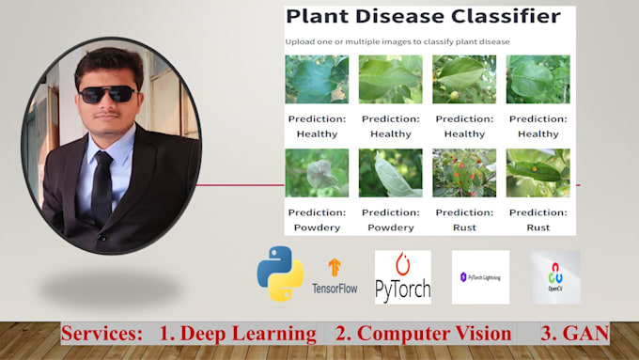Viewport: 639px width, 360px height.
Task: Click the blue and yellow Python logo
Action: [280, 274]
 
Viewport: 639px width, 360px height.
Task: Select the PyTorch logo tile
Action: [402, 276]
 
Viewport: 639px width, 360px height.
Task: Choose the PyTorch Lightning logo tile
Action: [480, 276]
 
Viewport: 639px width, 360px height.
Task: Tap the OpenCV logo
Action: [555, 276]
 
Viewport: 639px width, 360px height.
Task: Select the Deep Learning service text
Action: [237, 334]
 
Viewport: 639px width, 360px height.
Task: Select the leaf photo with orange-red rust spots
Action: [464, 173]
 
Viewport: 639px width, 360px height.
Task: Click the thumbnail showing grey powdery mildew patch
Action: [317, 173]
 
